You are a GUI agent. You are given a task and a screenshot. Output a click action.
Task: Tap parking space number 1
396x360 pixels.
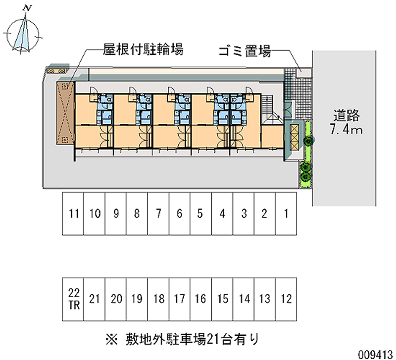pyautogui.click(x=286, y=214)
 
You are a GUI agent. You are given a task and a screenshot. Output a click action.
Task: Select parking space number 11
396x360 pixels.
pyautogui.click(x=73, y=214)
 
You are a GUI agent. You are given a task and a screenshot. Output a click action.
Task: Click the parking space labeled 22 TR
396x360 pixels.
pyautogui.click(x=73, y=299)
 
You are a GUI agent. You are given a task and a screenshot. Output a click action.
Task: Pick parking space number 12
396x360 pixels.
pyautogui.click(x=286, y=299)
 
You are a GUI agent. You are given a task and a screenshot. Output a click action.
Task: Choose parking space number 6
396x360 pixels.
pyautogui.click(x=180, y=214)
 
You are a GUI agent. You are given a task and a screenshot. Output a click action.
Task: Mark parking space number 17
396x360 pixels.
pyautogui.click(x=180, y=299)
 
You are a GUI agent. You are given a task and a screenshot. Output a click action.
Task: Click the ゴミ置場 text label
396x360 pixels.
pyautogui.click(x=245, y=51)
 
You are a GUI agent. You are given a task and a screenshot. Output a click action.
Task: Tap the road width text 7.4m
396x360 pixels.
pyautogui.click(x=346, y=130)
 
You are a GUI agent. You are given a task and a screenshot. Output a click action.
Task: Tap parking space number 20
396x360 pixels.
pyautogui.click(x=116, y=299)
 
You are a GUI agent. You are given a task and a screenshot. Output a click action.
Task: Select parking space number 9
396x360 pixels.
pyautogui.click(x=116, y=214)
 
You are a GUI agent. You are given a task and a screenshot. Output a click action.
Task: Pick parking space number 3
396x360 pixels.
pyautogui.click(x=244, y=214)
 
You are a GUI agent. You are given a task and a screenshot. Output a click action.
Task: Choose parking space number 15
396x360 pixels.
pyautogui.click(x=222, y=299)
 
